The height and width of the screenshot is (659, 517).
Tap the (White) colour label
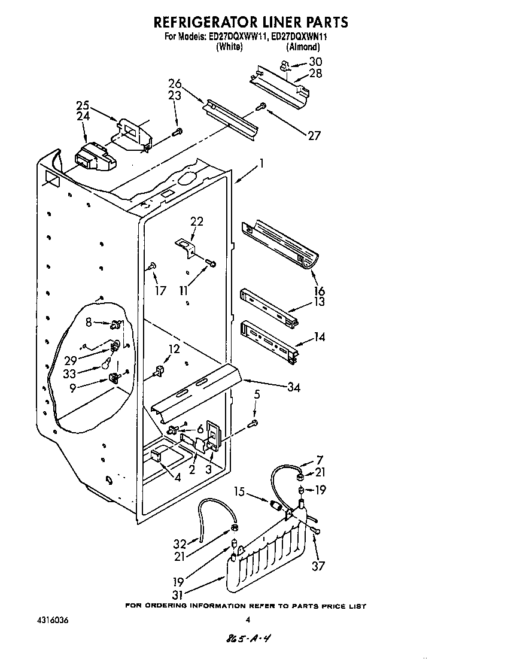229,47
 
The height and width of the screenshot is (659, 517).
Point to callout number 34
293,387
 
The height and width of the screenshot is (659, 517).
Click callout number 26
175,84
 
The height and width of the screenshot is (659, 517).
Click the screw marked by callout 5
253,424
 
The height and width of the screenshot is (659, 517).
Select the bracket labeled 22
186,246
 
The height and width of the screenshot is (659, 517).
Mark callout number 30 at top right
315,62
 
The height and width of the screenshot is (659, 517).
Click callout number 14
319,337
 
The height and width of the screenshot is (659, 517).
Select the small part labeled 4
157,457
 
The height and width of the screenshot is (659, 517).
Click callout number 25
83,106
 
